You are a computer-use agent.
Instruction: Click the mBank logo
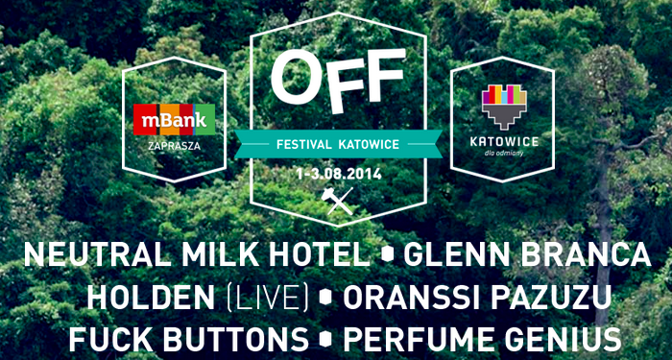click(174, 120)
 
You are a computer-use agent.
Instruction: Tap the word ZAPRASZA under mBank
click(174, 146)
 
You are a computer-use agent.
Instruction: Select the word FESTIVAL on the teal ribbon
click(303, 144)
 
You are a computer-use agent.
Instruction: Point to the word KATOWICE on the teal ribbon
click(369, 144)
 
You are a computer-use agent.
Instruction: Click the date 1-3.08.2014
click(339, 175)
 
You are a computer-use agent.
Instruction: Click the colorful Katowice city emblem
click(504, 107)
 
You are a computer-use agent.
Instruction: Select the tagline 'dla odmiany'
click(504, 153)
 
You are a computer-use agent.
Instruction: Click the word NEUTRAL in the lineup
click(99, 255)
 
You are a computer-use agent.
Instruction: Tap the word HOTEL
click(317, 255)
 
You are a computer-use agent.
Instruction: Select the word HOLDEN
click(151, 297)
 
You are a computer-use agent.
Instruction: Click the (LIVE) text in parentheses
click(267, 297)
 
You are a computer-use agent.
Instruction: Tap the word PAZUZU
click(551, 297)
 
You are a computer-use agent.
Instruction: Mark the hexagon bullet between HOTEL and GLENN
click(388, 256)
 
